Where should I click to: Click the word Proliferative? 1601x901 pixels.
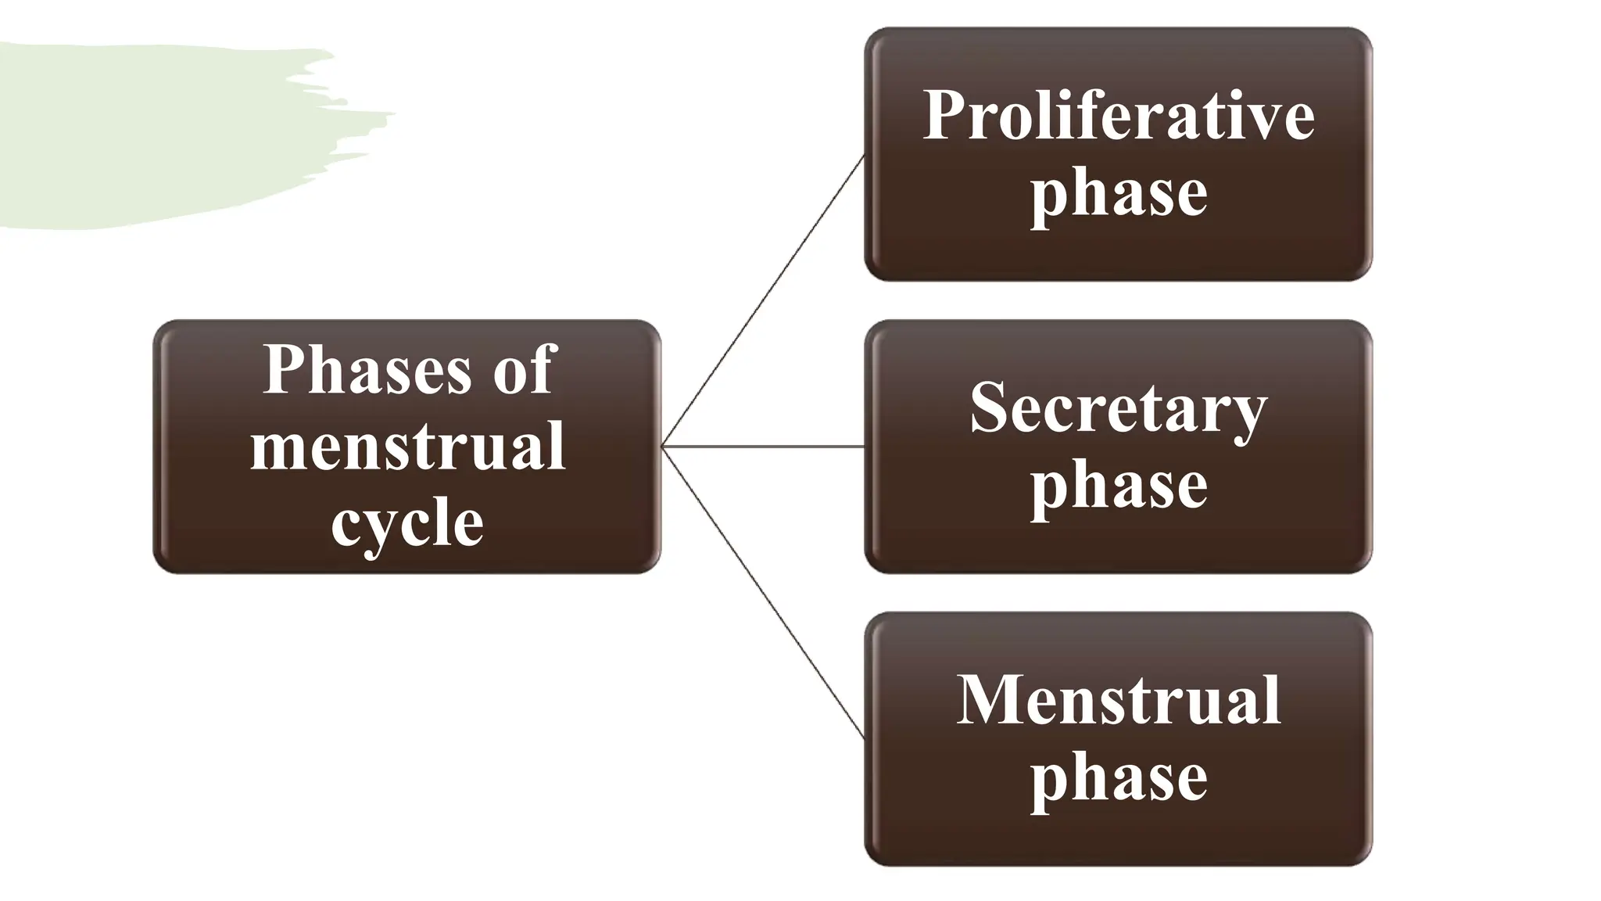(x=1118, y=116)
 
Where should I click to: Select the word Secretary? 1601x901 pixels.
(x=1118, y=408)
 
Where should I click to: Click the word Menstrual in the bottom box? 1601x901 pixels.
(x=1118, y=700)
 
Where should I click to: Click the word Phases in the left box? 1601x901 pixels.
(x=367, y=369)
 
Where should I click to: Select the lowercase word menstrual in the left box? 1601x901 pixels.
(x=407, y=446)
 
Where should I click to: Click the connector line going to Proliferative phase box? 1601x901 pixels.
(x=763, y=301)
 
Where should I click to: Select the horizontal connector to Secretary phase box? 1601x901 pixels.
(x=763, y=447)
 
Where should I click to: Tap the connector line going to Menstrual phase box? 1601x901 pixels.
(x=763, y=592)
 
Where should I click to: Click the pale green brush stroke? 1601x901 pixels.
(x=156, y=133)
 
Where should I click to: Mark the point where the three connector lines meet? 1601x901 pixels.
(x=663, y=447)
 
